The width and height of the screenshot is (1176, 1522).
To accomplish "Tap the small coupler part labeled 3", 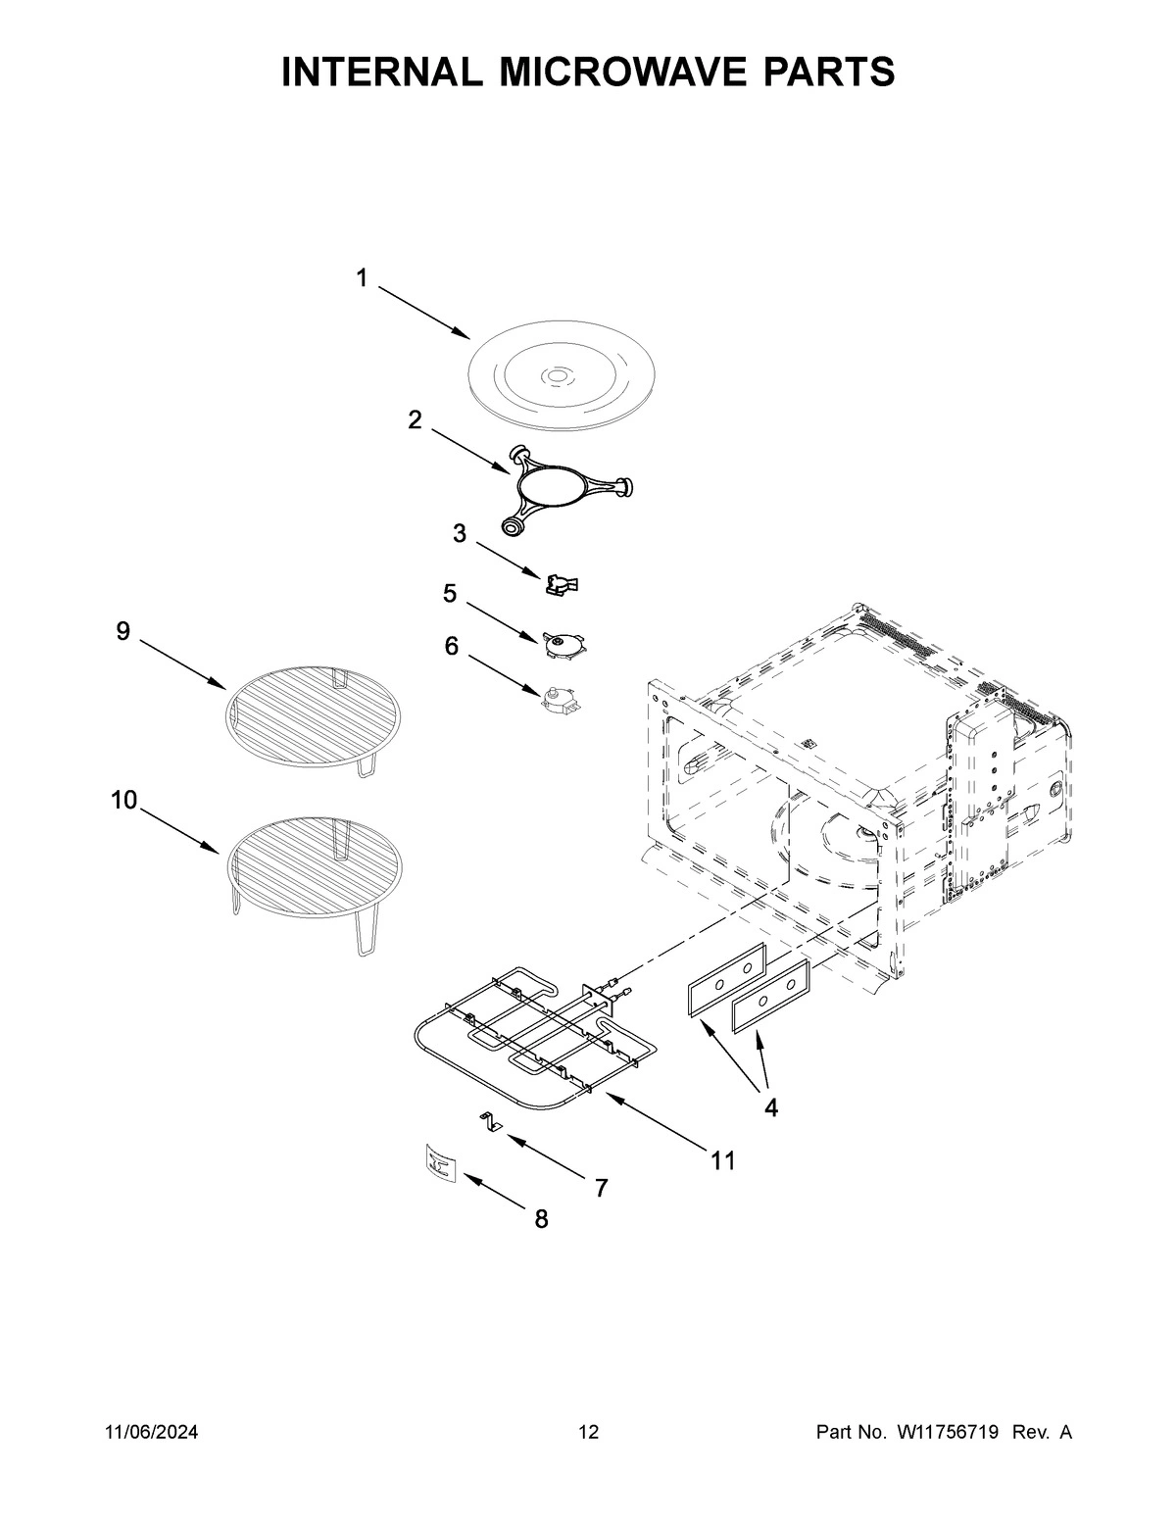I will [562, 584].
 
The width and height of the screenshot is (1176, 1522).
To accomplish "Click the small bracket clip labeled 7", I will [489, 1123].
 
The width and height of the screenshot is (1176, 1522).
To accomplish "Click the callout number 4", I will [771, 1108].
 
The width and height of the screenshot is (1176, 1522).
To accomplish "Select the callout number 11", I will [722, 1161].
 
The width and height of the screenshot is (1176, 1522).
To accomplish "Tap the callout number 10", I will [123, 801].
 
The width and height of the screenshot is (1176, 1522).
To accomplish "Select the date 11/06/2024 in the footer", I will [152, 1433].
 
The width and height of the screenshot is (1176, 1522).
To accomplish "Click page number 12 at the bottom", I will [588, 1433].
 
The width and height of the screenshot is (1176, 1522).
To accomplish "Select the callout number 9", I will [122, 632].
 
